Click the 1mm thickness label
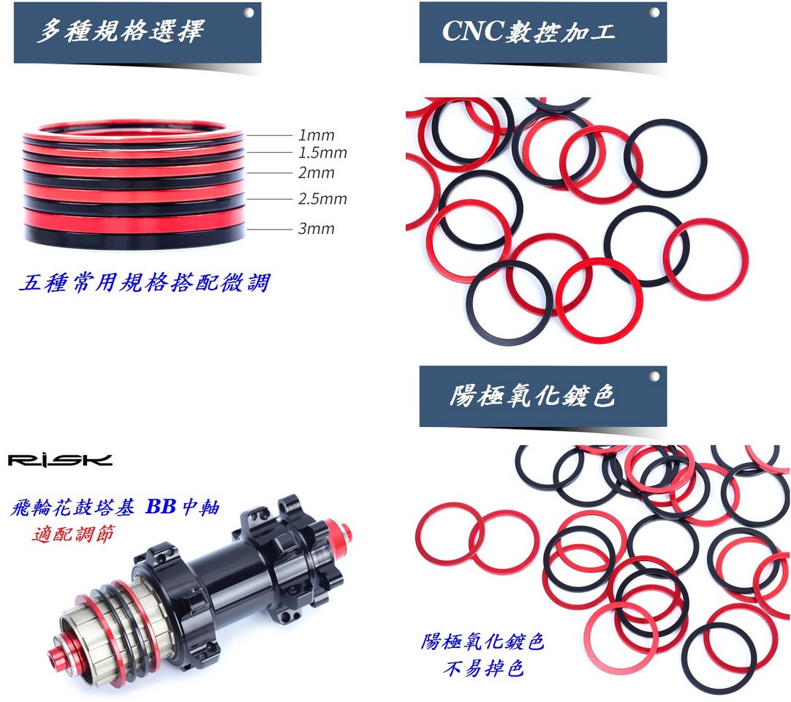(317, 135)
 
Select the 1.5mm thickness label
(322, 152)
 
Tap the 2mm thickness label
(317, 173)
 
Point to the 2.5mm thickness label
(322, 199)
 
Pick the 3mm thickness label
(317, 229)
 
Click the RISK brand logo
(60, 460)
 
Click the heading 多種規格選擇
(120, 31)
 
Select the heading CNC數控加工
(528, 31)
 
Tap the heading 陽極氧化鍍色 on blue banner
(532, 395)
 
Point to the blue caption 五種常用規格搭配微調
(145, 282)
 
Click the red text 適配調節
(74, 533)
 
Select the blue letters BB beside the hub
(160, 506)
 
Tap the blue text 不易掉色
(483, 668)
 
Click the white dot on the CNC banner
(654, 12)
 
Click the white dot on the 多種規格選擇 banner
(249, 12)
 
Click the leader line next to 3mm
(269, 230)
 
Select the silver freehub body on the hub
(106, 623)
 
